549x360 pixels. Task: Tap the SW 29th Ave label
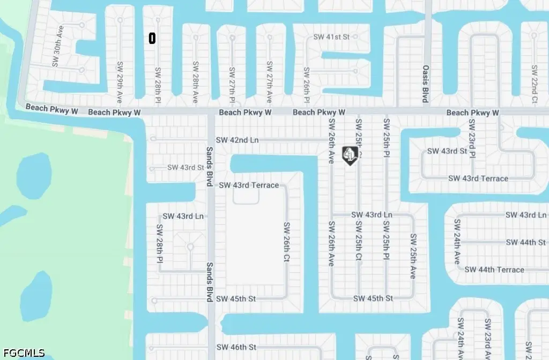[x=120, y=82]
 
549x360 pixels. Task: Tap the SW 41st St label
[x=331, y=37]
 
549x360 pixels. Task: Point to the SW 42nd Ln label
[x=237, y=140]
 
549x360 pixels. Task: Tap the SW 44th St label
[x=525, y=242]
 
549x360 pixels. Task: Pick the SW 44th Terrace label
[x=494, y=269]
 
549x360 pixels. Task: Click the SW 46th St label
[x=237, y=348]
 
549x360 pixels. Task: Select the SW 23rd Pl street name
[x=472, y=138]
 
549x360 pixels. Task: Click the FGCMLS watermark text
[x=23, y=354]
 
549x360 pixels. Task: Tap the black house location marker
[x=350, y=155]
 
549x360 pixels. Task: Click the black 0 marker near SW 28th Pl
[x=152, y=38]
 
